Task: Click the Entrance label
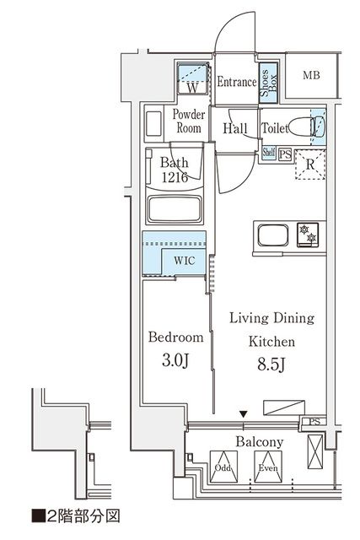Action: (x=236, y=83)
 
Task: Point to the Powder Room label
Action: (x=187, y=121)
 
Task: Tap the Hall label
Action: (x=235, y=129)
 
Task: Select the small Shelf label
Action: (x=268, y=153)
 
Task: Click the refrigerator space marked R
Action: (x=309, y=165)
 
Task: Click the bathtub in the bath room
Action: (x=176, y=209)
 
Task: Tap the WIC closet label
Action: (x=185, y=261)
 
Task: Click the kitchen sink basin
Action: (x=273, y=234)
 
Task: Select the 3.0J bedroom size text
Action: (x=175, y=360)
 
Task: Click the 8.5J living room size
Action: (x=270, y=365)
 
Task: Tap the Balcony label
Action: (x=259, y=442)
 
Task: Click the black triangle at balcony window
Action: (x=244, y=413)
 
